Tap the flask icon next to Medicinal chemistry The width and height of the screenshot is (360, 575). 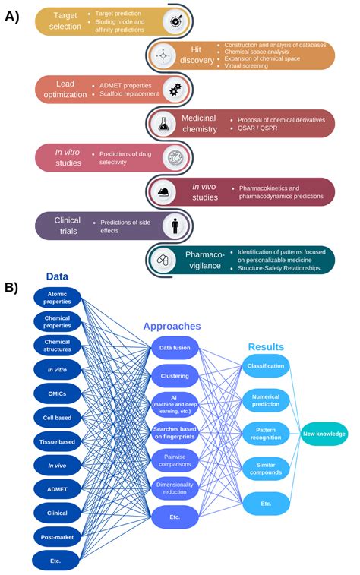[x=163, y=125]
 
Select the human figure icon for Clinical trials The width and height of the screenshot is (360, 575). [x=175, y=226]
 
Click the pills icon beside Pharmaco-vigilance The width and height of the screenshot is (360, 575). [x=163, y=260]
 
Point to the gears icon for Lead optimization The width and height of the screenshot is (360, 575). [x=175, y=90]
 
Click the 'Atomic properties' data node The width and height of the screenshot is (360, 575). [x=56, y=298]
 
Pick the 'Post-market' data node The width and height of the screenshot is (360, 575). [x=56, y=536]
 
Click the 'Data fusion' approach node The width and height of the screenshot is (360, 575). [x=175, y=349]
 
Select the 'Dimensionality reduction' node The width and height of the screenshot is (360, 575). [x=175, y=488]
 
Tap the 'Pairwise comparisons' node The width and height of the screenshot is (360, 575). [x=175, y=460]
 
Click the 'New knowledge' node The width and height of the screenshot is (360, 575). [x=324, y=434]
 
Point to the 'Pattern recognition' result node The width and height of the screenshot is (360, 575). [x=266, y=434]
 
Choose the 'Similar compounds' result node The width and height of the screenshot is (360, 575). [x=266, y=467]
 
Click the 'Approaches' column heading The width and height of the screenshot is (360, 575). [x=172, y=326]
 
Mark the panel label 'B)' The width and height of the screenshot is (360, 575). [x=12, y=287]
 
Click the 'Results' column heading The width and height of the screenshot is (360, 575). [x=266, y=346]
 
